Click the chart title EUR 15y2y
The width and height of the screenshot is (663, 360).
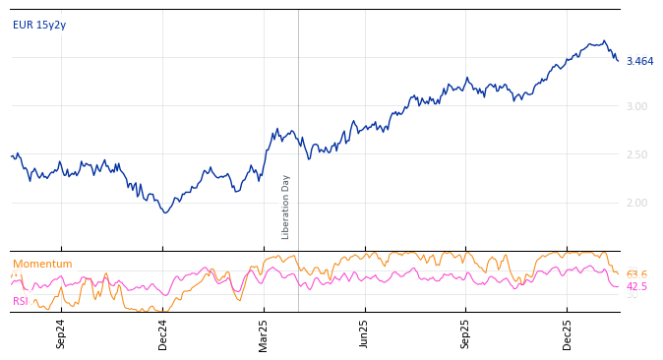39,25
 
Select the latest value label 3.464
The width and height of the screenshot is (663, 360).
639,61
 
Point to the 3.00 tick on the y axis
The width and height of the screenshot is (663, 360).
636,106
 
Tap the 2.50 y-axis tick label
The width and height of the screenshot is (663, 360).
636,154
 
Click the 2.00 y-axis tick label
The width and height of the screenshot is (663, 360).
636,203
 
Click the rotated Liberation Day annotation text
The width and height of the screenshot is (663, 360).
286,207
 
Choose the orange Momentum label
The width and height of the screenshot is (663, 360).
42,264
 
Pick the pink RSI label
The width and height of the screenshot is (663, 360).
21,301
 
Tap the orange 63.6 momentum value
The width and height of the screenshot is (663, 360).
636,274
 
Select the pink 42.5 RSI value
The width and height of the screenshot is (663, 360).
636,287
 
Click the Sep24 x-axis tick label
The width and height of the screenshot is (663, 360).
61,333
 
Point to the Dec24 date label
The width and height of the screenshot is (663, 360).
163,333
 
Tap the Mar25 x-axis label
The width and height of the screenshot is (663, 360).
264,333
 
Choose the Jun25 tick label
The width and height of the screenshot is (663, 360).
364,333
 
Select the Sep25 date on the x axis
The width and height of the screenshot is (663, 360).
465,333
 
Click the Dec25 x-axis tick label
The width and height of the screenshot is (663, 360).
567,333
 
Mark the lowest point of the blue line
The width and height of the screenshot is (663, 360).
166,212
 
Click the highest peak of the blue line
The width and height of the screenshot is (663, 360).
604,40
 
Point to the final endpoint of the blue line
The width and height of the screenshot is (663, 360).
619,61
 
